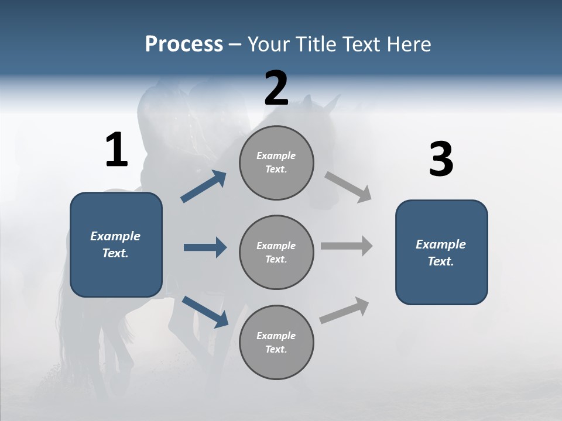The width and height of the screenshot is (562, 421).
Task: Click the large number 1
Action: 116,150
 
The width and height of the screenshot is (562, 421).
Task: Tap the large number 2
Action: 276,88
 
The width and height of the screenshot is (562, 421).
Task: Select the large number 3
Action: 441,160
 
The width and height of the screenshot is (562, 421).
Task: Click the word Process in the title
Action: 184,44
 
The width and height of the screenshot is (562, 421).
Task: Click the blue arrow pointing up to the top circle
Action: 203,187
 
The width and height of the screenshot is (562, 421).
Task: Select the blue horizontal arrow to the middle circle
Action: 204,247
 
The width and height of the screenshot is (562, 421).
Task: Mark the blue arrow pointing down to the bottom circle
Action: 205,311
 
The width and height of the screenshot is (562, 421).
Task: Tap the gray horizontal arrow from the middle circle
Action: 346,246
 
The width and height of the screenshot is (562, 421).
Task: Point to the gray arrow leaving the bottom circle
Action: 344,310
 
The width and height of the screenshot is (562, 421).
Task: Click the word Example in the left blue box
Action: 115,236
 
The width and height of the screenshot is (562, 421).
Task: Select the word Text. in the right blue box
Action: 441,261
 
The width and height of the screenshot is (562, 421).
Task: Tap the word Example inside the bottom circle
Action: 276,336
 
